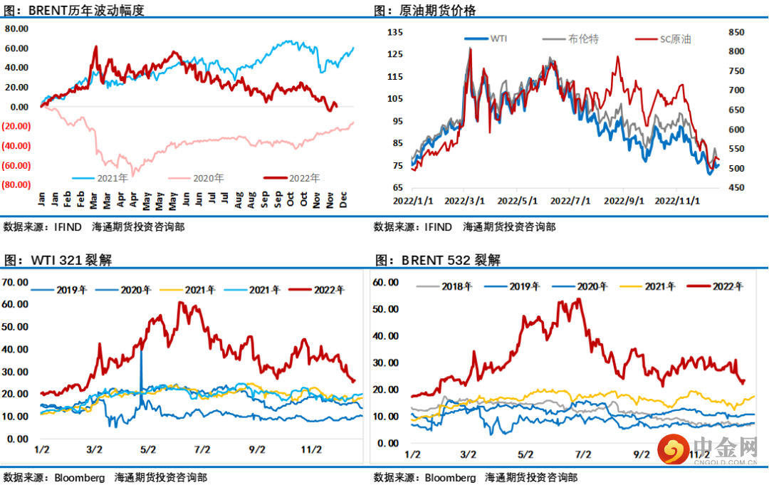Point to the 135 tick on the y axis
coord(396,32)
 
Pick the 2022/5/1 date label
coord(518,202)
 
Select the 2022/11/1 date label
coord(676,202)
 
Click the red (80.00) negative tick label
coord(16,184)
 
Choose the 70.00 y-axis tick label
coord(16,281)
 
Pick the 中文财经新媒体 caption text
coord(708,473)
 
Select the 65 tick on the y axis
coord(397,187)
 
